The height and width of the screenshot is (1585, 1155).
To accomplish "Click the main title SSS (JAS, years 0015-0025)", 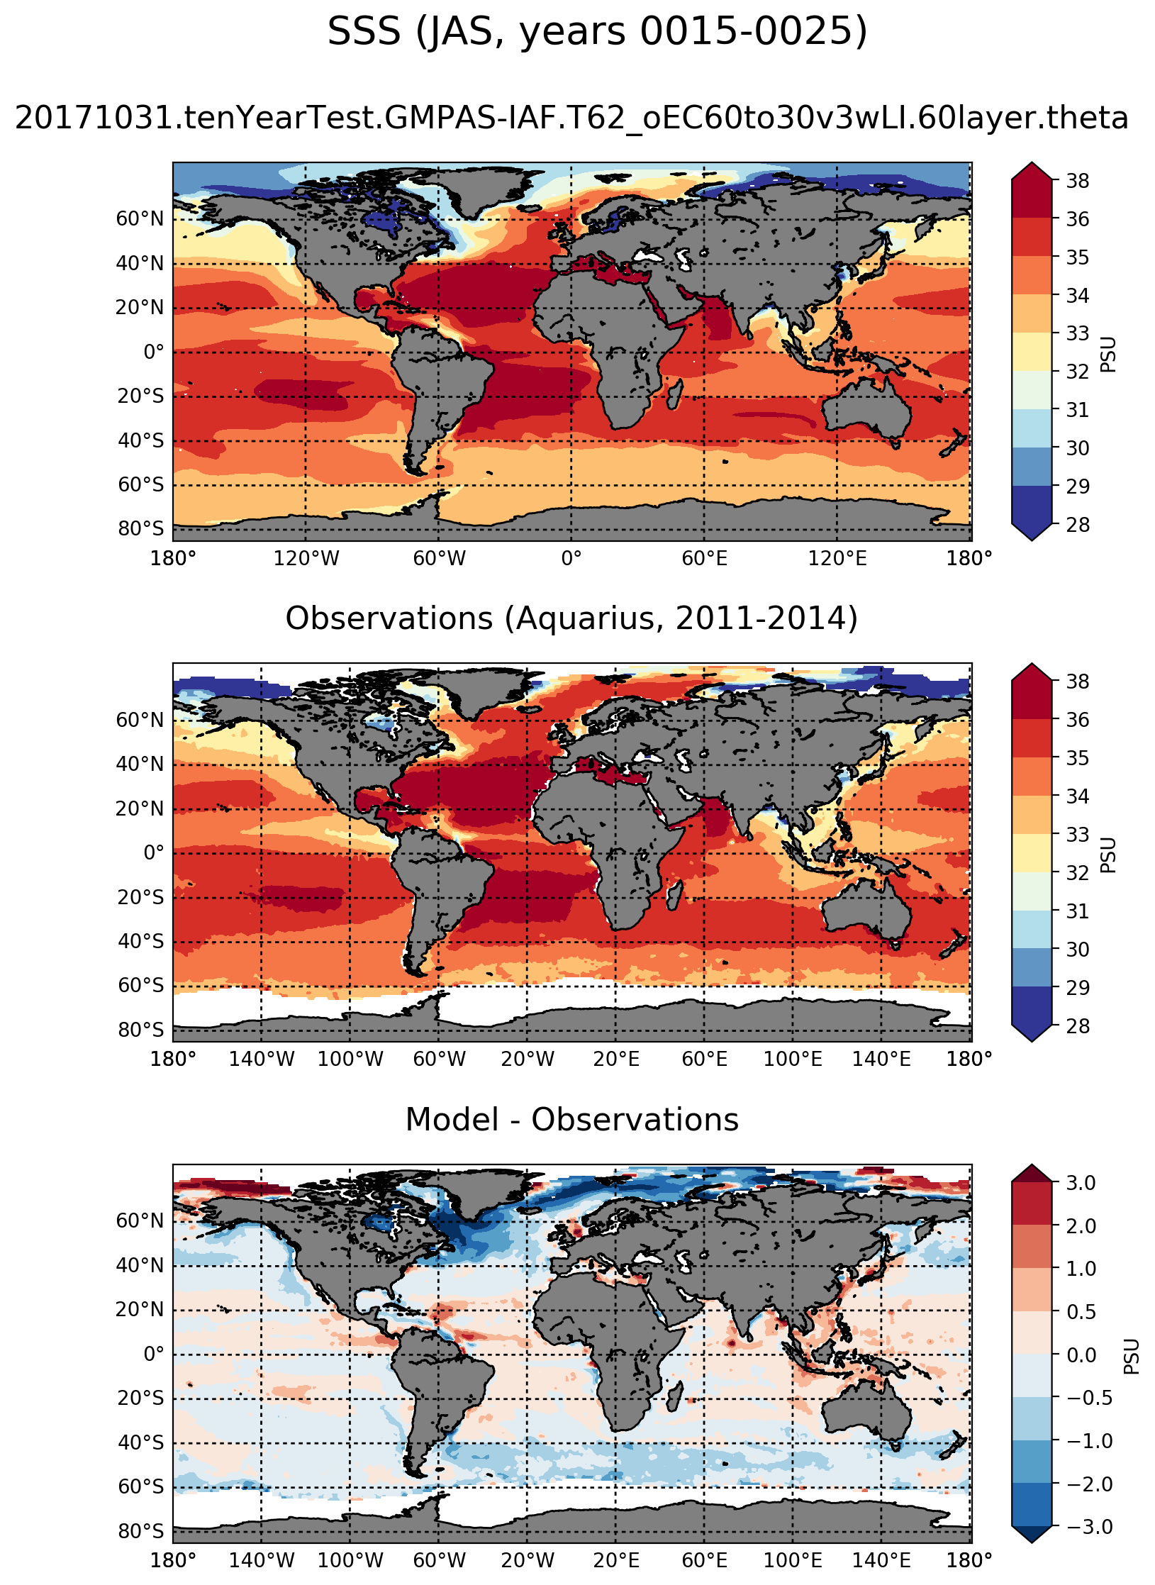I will [x=597, y=33].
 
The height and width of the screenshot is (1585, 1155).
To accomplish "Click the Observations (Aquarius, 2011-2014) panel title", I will [x=571, y=618].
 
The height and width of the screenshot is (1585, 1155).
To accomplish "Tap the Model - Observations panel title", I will [x=571, y=1120].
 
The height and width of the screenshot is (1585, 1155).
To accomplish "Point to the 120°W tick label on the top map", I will [x=306, y=559].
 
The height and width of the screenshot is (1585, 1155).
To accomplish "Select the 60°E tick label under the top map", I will [x=704, y=559].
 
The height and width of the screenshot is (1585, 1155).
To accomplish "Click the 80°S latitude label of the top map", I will [x=140, y=529].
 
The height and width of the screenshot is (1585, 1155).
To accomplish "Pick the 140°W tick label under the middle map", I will [x=261, y=1060].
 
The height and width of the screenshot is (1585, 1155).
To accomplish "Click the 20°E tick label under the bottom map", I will [x=615, y=1560].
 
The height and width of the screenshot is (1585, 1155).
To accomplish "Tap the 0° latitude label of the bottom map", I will [x=153, y=1355].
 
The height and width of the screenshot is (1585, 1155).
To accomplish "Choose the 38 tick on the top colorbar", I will [x=1077, y=182].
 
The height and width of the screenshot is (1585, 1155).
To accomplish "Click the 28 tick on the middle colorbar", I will [x=1077, y=1025].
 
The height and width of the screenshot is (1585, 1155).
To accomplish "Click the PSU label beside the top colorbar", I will [x=1108, y=355].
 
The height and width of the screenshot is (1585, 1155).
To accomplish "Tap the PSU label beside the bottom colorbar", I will [x=1132, y=1356].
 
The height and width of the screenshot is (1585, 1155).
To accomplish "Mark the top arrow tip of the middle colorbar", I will [x=1032, y=664].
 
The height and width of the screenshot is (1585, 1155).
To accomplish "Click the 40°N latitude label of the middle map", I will [x=140, y=764].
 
